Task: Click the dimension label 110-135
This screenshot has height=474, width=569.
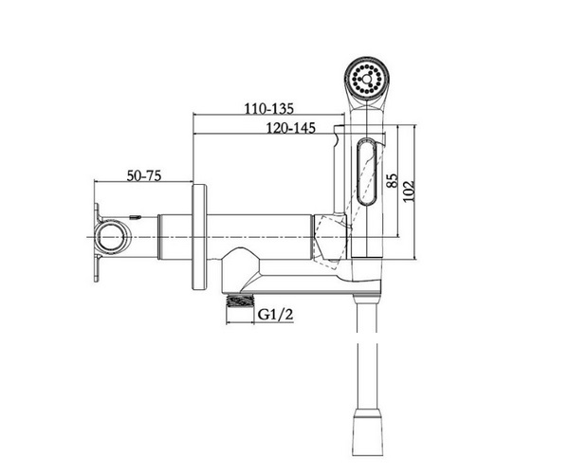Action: [x=268, y=108]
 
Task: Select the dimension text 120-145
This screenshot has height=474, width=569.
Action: [x=291, y=128]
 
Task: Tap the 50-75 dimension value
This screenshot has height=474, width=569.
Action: [x=144, y=176]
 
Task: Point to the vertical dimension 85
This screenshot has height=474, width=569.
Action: [x=393, y=180]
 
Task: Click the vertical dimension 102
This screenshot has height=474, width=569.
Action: [x=409, y=191]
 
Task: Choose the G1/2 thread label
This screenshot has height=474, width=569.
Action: [x=275, y=314]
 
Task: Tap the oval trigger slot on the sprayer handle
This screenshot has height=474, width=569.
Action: [x=368, y=172]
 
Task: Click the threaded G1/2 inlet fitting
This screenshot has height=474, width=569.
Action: [x=240, y=301]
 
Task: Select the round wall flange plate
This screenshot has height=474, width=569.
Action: [x=199, y=237]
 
